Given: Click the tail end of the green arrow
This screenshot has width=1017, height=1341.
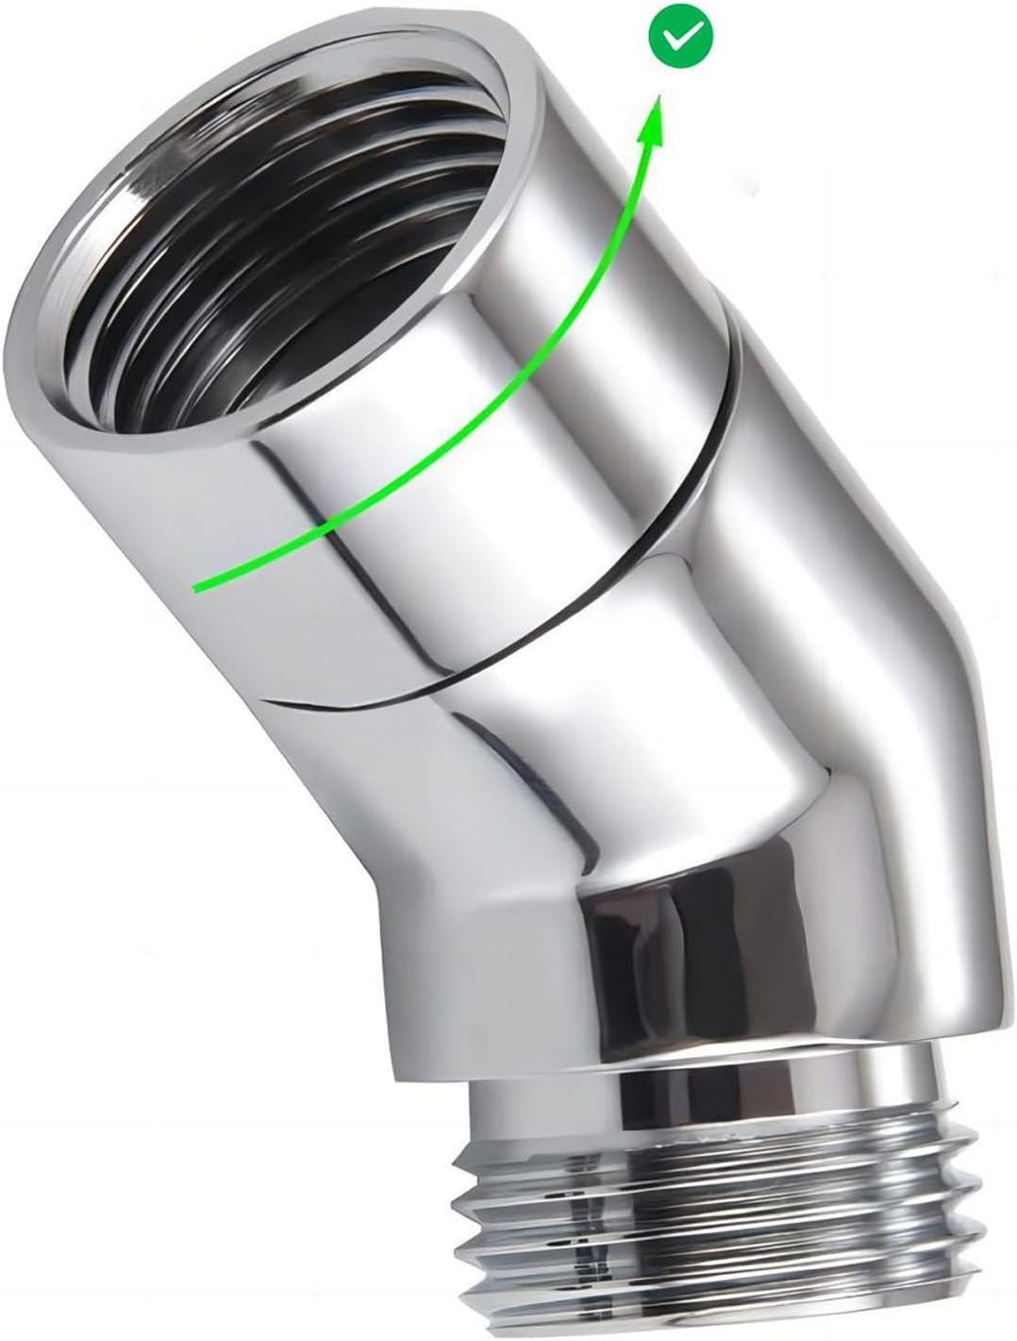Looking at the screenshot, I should coord(196,587).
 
